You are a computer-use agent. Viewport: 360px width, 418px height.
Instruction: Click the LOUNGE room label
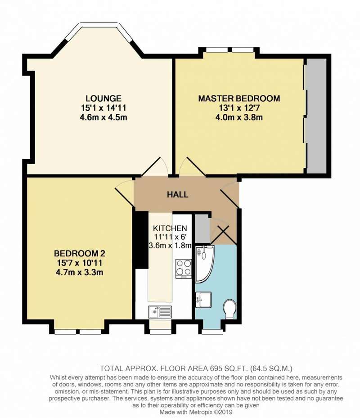pos(103,99)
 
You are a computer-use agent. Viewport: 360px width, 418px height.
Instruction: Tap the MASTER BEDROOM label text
pos(239,99)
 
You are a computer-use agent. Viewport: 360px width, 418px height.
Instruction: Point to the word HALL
pos(178,194)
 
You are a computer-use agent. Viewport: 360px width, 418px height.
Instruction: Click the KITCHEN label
pos(170,228)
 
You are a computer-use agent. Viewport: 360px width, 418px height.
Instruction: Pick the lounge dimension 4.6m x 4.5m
pos(103,117)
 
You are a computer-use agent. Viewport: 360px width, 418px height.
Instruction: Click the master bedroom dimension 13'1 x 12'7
pos(239,108)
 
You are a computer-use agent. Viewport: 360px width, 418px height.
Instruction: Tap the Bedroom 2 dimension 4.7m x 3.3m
pos(80,273)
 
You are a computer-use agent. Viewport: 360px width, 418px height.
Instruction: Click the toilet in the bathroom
pos(229,309)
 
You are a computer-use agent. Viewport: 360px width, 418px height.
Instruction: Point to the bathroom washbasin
pos(203,300)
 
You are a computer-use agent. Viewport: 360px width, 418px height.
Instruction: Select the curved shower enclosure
pos(205,264)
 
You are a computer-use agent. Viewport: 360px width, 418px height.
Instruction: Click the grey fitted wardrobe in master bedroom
pos(316,116)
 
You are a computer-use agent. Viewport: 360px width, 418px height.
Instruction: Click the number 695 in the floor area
pos(216,369)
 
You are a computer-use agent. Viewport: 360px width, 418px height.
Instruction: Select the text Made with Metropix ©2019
pos(196,412)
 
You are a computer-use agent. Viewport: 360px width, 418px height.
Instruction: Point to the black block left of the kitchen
pos(141,239)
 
